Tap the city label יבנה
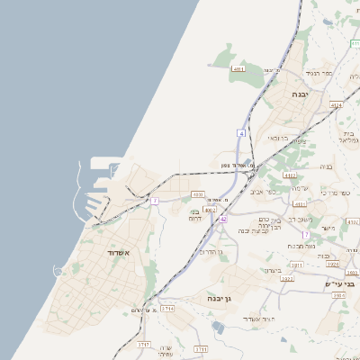tap(301, 93)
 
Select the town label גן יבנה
tap(219, 297)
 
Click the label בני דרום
tap(198, 214)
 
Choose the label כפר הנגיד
tap(318, 72)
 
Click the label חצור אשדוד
tap(267, 319)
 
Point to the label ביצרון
tap(274, 270)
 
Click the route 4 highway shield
tap(241, 133)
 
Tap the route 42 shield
tap(223, 219)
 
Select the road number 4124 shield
tap(336, 105)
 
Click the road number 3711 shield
tap(200, 348)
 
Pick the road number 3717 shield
tap(143, 345)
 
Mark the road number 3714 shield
tap(166, 309)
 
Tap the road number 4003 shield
tap(198, 193)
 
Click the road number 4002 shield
tap(210, 210)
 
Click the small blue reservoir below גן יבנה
tap(218, 327)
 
